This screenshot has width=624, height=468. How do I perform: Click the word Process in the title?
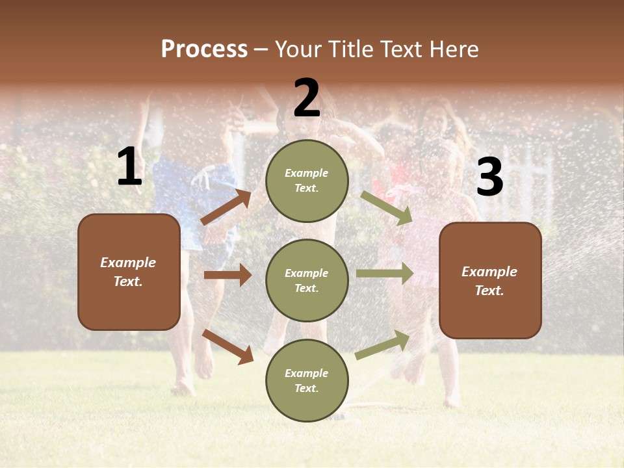[x=204, y=49]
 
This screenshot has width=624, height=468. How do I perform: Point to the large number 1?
[x=129, y=167]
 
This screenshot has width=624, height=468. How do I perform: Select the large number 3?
[x=489, y=177]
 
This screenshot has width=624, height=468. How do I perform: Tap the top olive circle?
[x=307, y=181]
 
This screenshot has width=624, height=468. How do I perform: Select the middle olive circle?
[x=307, y=280]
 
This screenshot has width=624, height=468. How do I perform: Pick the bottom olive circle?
[x=307, y=380]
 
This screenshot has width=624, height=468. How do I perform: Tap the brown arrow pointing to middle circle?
[x=228, y=275]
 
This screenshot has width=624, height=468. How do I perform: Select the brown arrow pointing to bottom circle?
[x=228, y=346]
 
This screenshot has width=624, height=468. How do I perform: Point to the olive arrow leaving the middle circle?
[x=385, y=273]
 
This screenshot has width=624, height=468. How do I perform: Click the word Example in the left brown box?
[x=128, y=263]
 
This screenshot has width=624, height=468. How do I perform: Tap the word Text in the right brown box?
[x=489, y=291]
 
